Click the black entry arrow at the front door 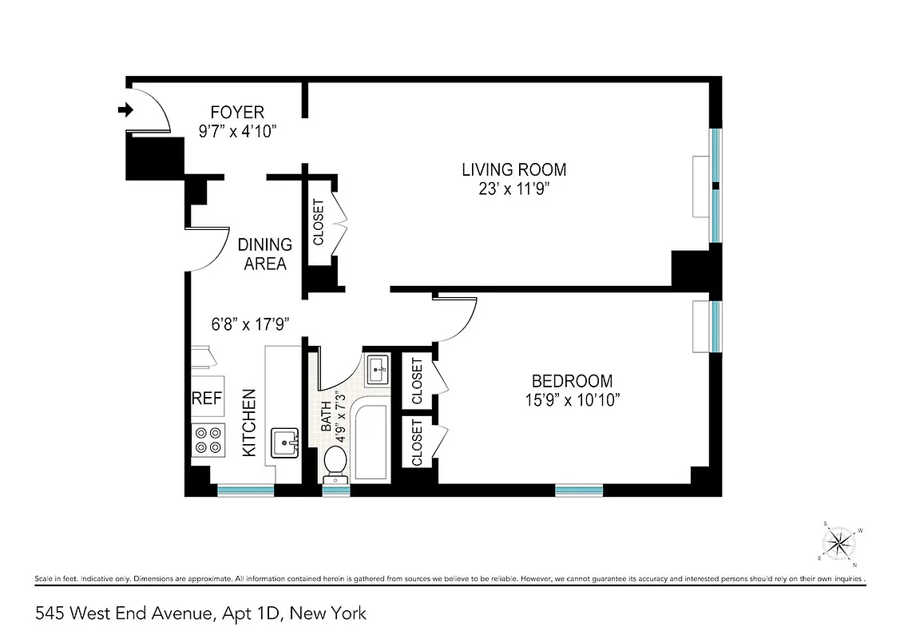point(125,110)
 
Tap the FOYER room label point(236,113)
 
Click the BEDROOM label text point(573,381)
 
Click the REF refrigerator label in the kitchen point(206,398)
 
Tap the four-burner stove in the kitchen point(208,440)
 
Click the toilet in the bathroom point(335,463)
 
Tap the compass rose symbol point(840,544)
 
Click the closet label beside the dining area point(318,222)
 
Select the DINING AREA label point(267,254)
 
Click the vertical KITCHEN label point(248,423)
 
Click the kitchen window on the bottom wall point(245,489)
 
